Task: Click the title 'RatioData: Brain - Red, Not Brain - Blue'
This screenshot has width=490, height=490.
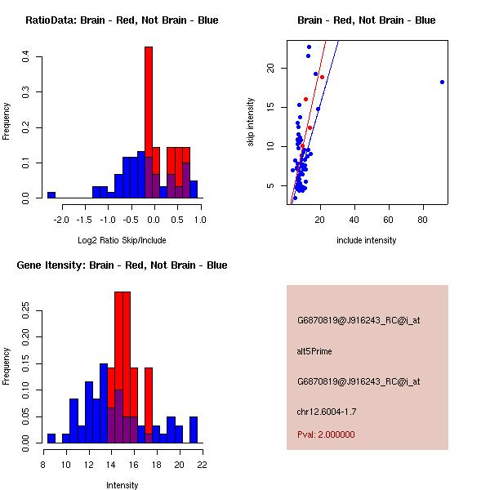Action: (x=122, y=20)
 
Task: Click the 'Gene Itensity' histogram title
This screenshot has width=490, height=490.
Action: (x=121, y=265)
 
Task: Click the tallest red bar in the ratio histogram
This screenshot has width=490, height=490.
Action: (x=149, y=122)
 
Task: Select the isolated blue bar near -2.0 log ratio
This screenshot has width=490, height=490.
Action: (x=51, y=195)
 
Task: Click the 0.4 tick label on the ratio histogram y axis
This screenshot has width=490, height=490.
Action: (x=26, y=57)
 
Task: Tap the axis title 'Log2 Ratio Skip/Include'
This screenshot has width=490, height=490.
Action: (x=122, y=240)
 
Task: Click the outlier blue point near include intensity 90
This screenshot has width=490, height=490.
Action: (x=442, y=82)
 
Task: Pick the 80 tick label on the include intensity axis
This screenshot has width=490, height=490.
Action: (x=423, y=220)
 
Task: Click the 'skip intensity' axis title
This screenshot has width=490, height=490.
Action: (x=252, y=122)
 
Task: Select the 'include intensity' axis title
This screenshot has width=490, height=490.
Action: (x=367, y=240)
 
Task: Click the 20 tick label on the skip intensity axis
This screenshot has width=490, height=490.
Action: (x=270, y=69)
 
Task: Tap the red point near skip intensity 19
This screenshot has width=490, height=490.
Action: (x=322, y=77)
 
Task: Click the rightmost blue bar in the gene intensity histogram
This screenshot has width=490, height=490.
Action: (x=194, y=430)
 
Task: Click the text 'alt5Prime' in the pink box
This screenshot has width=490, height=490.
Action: (x=314, y=352)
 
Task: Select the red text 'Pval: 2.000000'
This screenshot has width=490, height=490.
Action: (x=326, y=434)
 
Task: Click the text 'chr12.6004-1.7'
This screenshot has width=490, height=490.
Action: (x=326, y=411)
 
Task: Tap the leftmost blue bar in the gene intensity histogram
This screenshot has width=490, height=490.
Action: (x=51, y=438)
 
